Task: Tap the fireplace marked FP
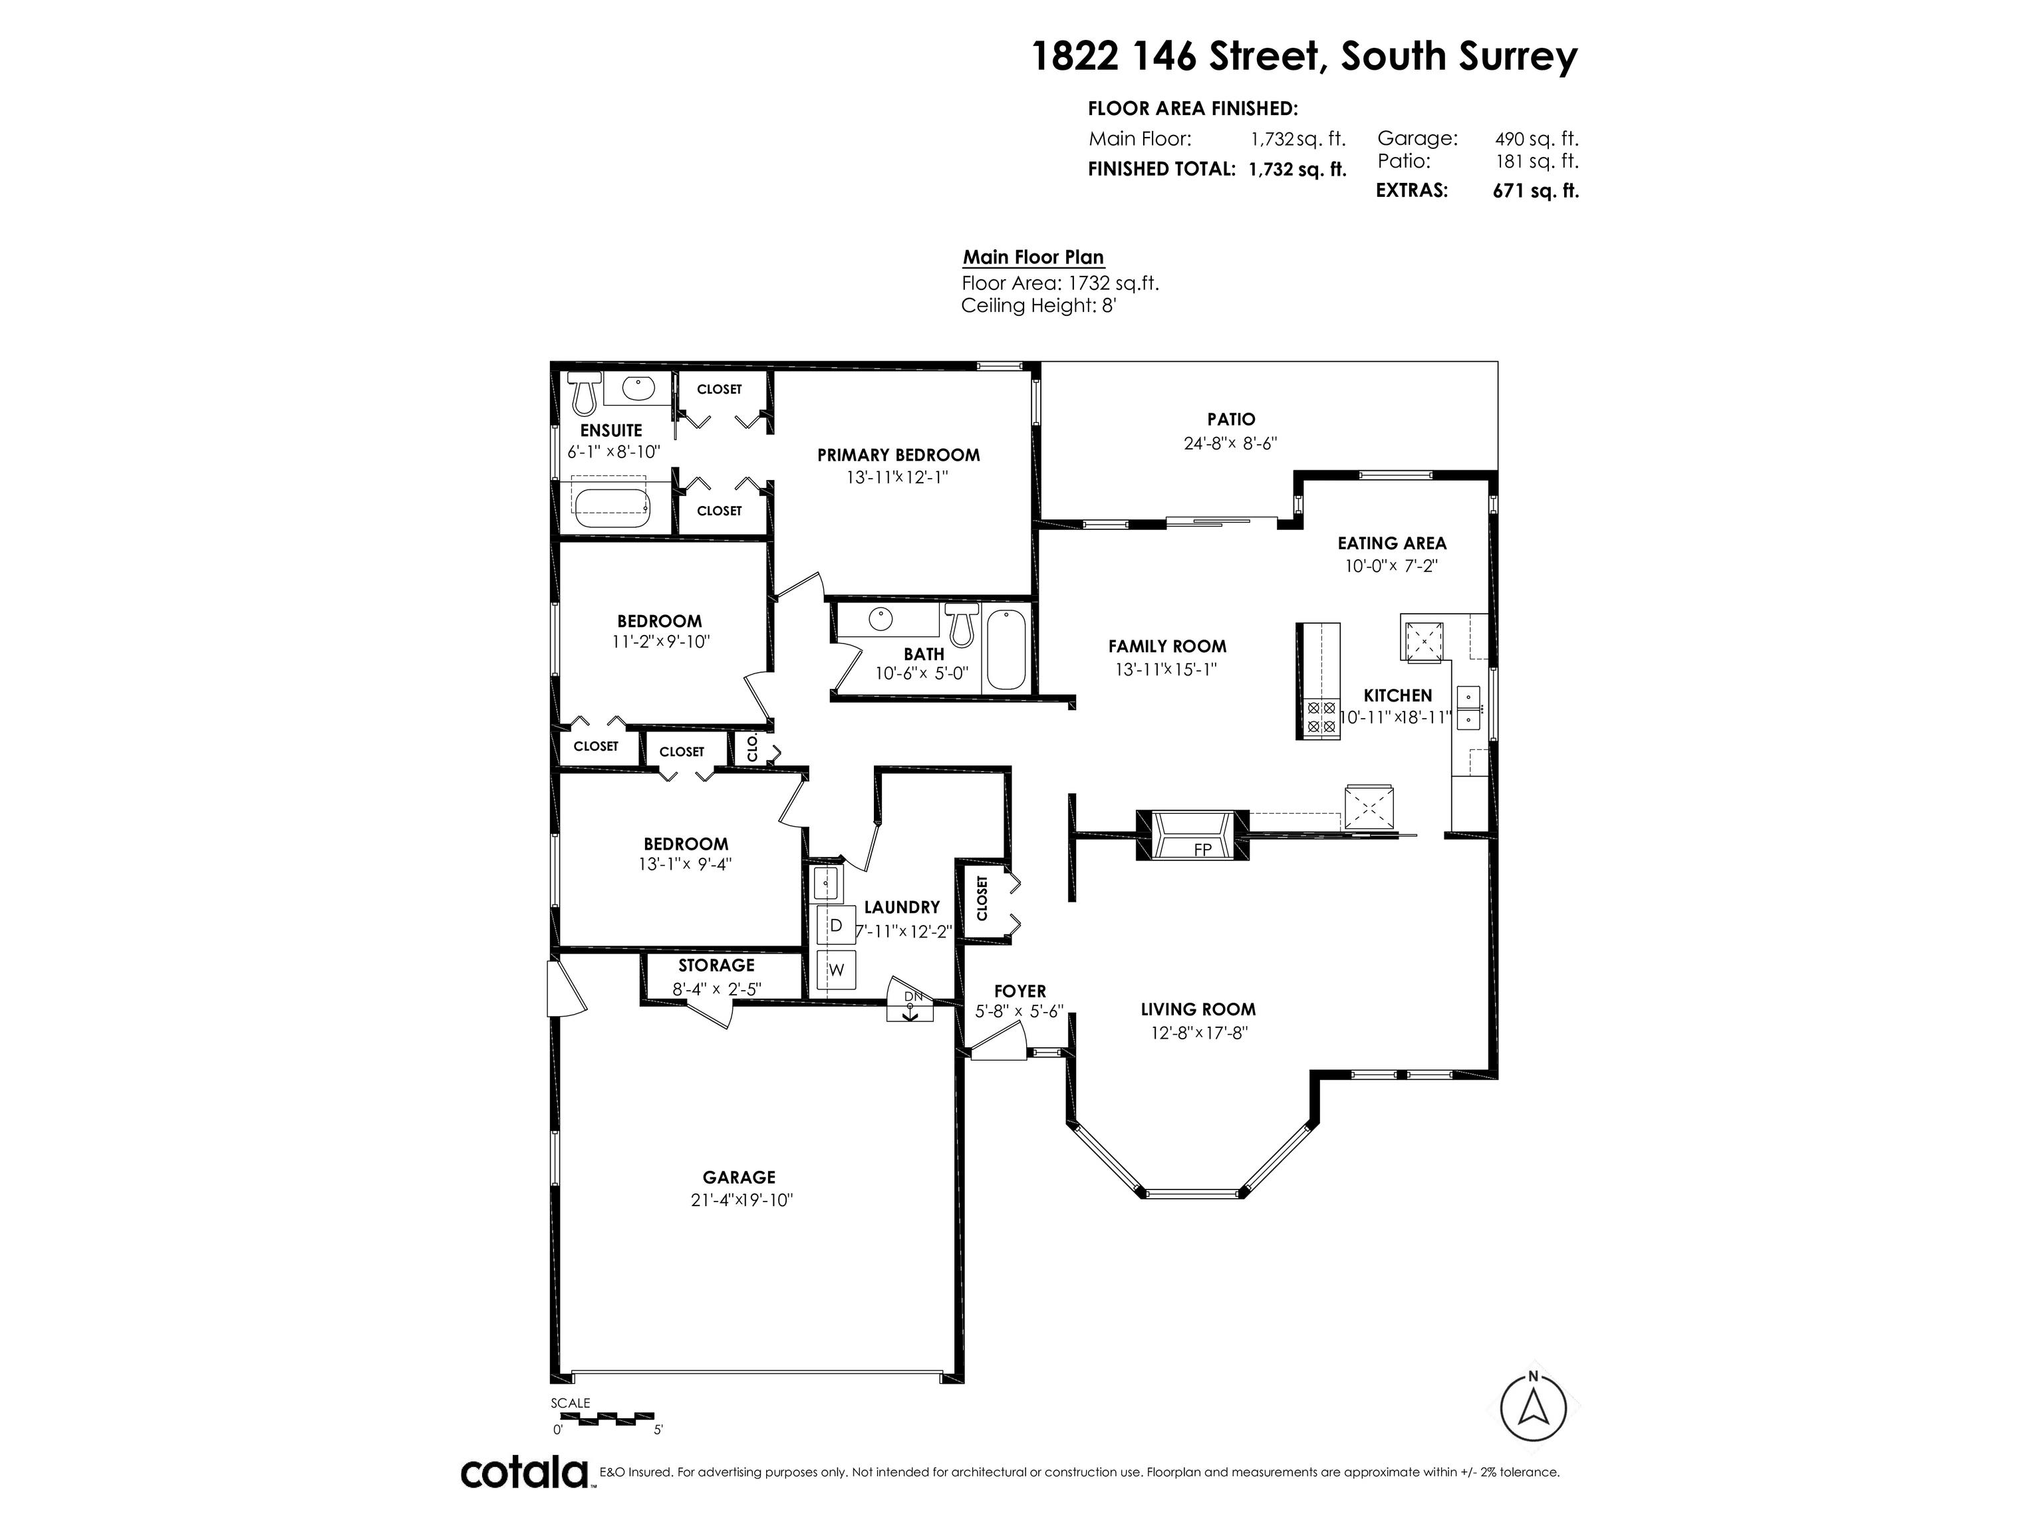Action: pos(1192,836)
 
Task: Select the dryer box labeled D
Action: pos(837,924)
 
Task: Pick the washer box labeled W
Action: pos(837,969)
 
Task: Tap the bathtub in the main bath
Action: pos(1006,651)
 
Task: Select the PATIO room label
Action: pos(1231,420)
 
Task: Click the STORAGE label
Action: pos(717,965)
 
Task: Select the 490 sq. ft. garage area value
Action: pos(1537,138)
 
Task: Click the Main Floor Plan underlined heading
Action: pos(1033,257)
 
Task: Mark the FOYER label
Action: pos(1020,991)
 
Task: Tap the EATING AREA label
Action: pos(1392,543)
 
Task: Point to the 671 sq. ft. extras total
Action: pos(1536,191)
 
